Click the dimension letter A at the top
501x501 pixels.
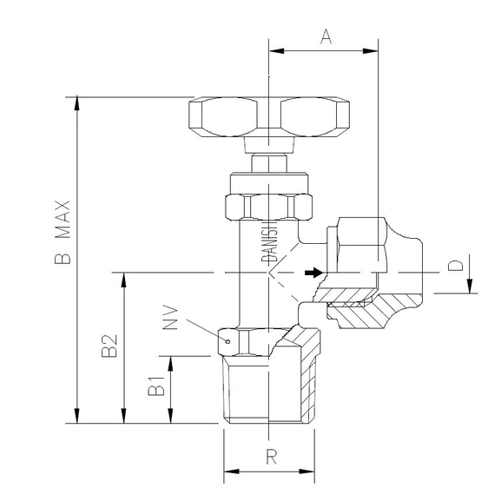click(326, 36)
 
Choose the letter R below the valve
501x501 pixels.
click(271, 457)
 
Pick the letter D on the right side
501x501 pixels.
click(452, 267)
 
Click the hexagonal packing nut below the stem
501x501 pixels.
click(269, 207)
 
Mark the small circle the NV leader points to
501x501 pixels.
click(228, 342)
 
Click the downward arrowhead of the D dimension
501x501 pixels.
click(470, 287)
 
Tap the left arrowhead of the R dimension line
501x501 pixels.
click(230, 474)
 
